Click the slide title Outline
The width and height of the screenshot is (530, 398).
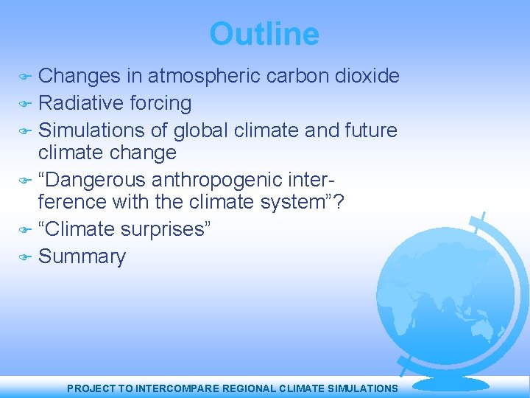point(264,34)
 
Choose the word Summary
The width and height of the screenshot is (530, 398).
point(82,256)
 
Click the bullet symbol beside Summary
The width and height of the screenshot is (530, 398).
point(24,257)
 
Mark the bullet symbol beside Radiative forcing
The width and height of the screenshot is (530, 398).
point(24,104)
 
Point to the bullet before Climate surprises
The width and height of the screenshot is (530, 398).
point(24,229)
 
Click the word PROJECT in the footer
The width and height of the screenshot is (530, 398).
point(90,388)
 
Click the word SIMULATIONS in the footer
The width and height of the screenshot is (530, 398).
point(361,388)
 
